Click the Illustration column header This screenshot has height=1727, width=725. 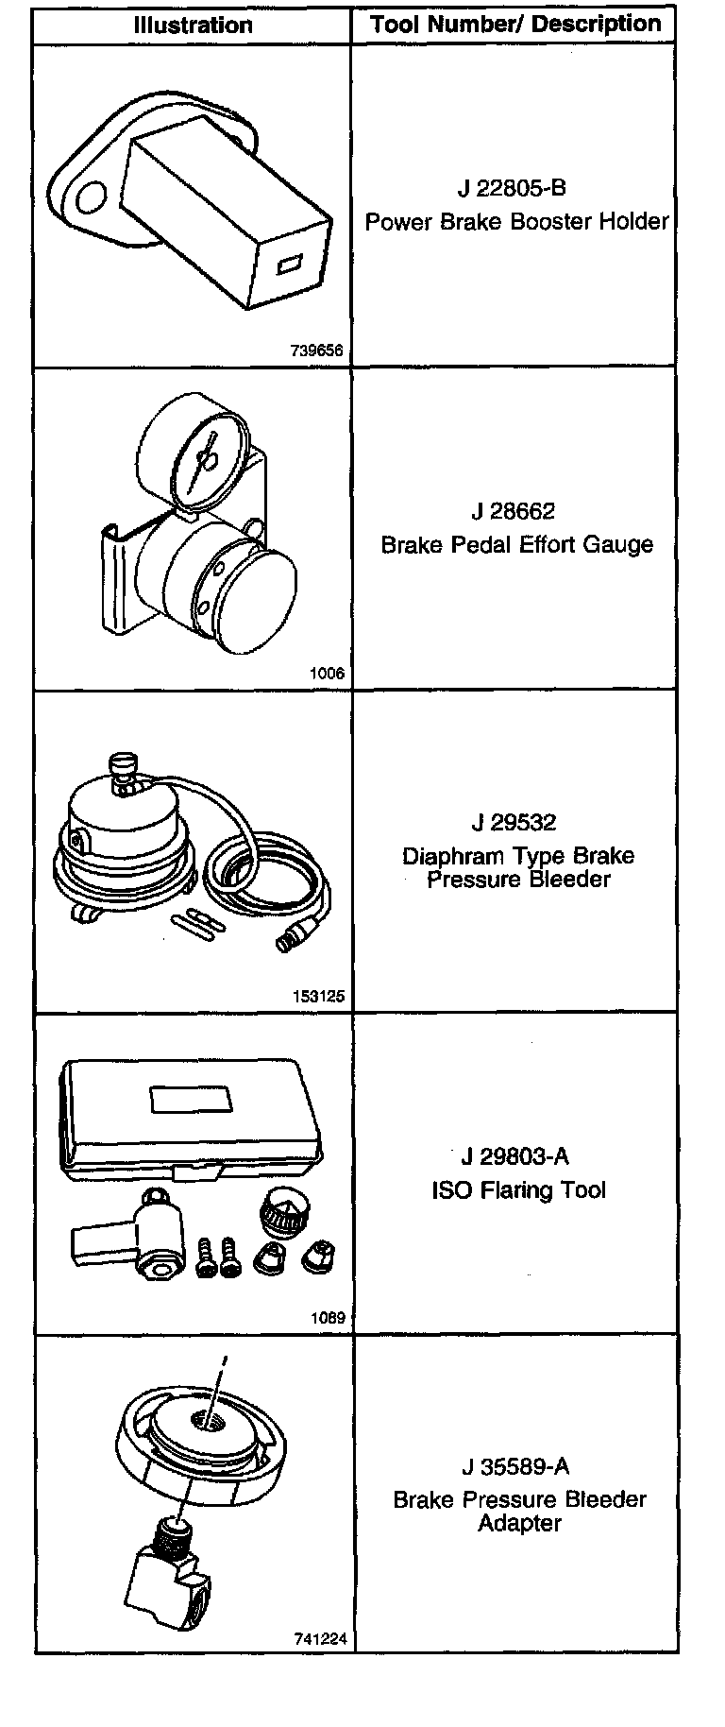[193, 26]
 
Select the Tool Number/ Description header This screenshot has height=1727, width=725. [515, 25]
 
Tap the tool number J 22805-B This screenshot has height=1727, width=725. [512, 188]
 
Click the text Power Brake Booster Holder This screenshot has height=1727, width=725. [516, 222]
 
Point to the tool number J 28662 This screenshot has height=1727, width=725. [514, 511]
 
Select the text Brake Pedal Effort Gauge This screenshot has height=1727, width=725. [516, 545]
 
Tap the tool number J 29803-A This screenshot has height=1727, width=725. [515, 1156]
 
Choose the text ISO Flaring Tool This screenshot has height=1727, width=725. [518, 1190]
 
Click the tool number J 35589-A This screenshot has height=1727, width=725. [515, 1467]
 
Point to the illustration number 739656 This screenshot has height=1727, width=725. [316, 351]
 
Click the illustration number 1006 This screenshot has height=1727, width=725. [327, 674]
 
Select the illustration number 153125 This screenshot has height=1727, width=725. [319, 996]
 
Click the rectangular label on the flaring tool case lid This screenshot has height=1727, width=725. [192, 1100]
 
